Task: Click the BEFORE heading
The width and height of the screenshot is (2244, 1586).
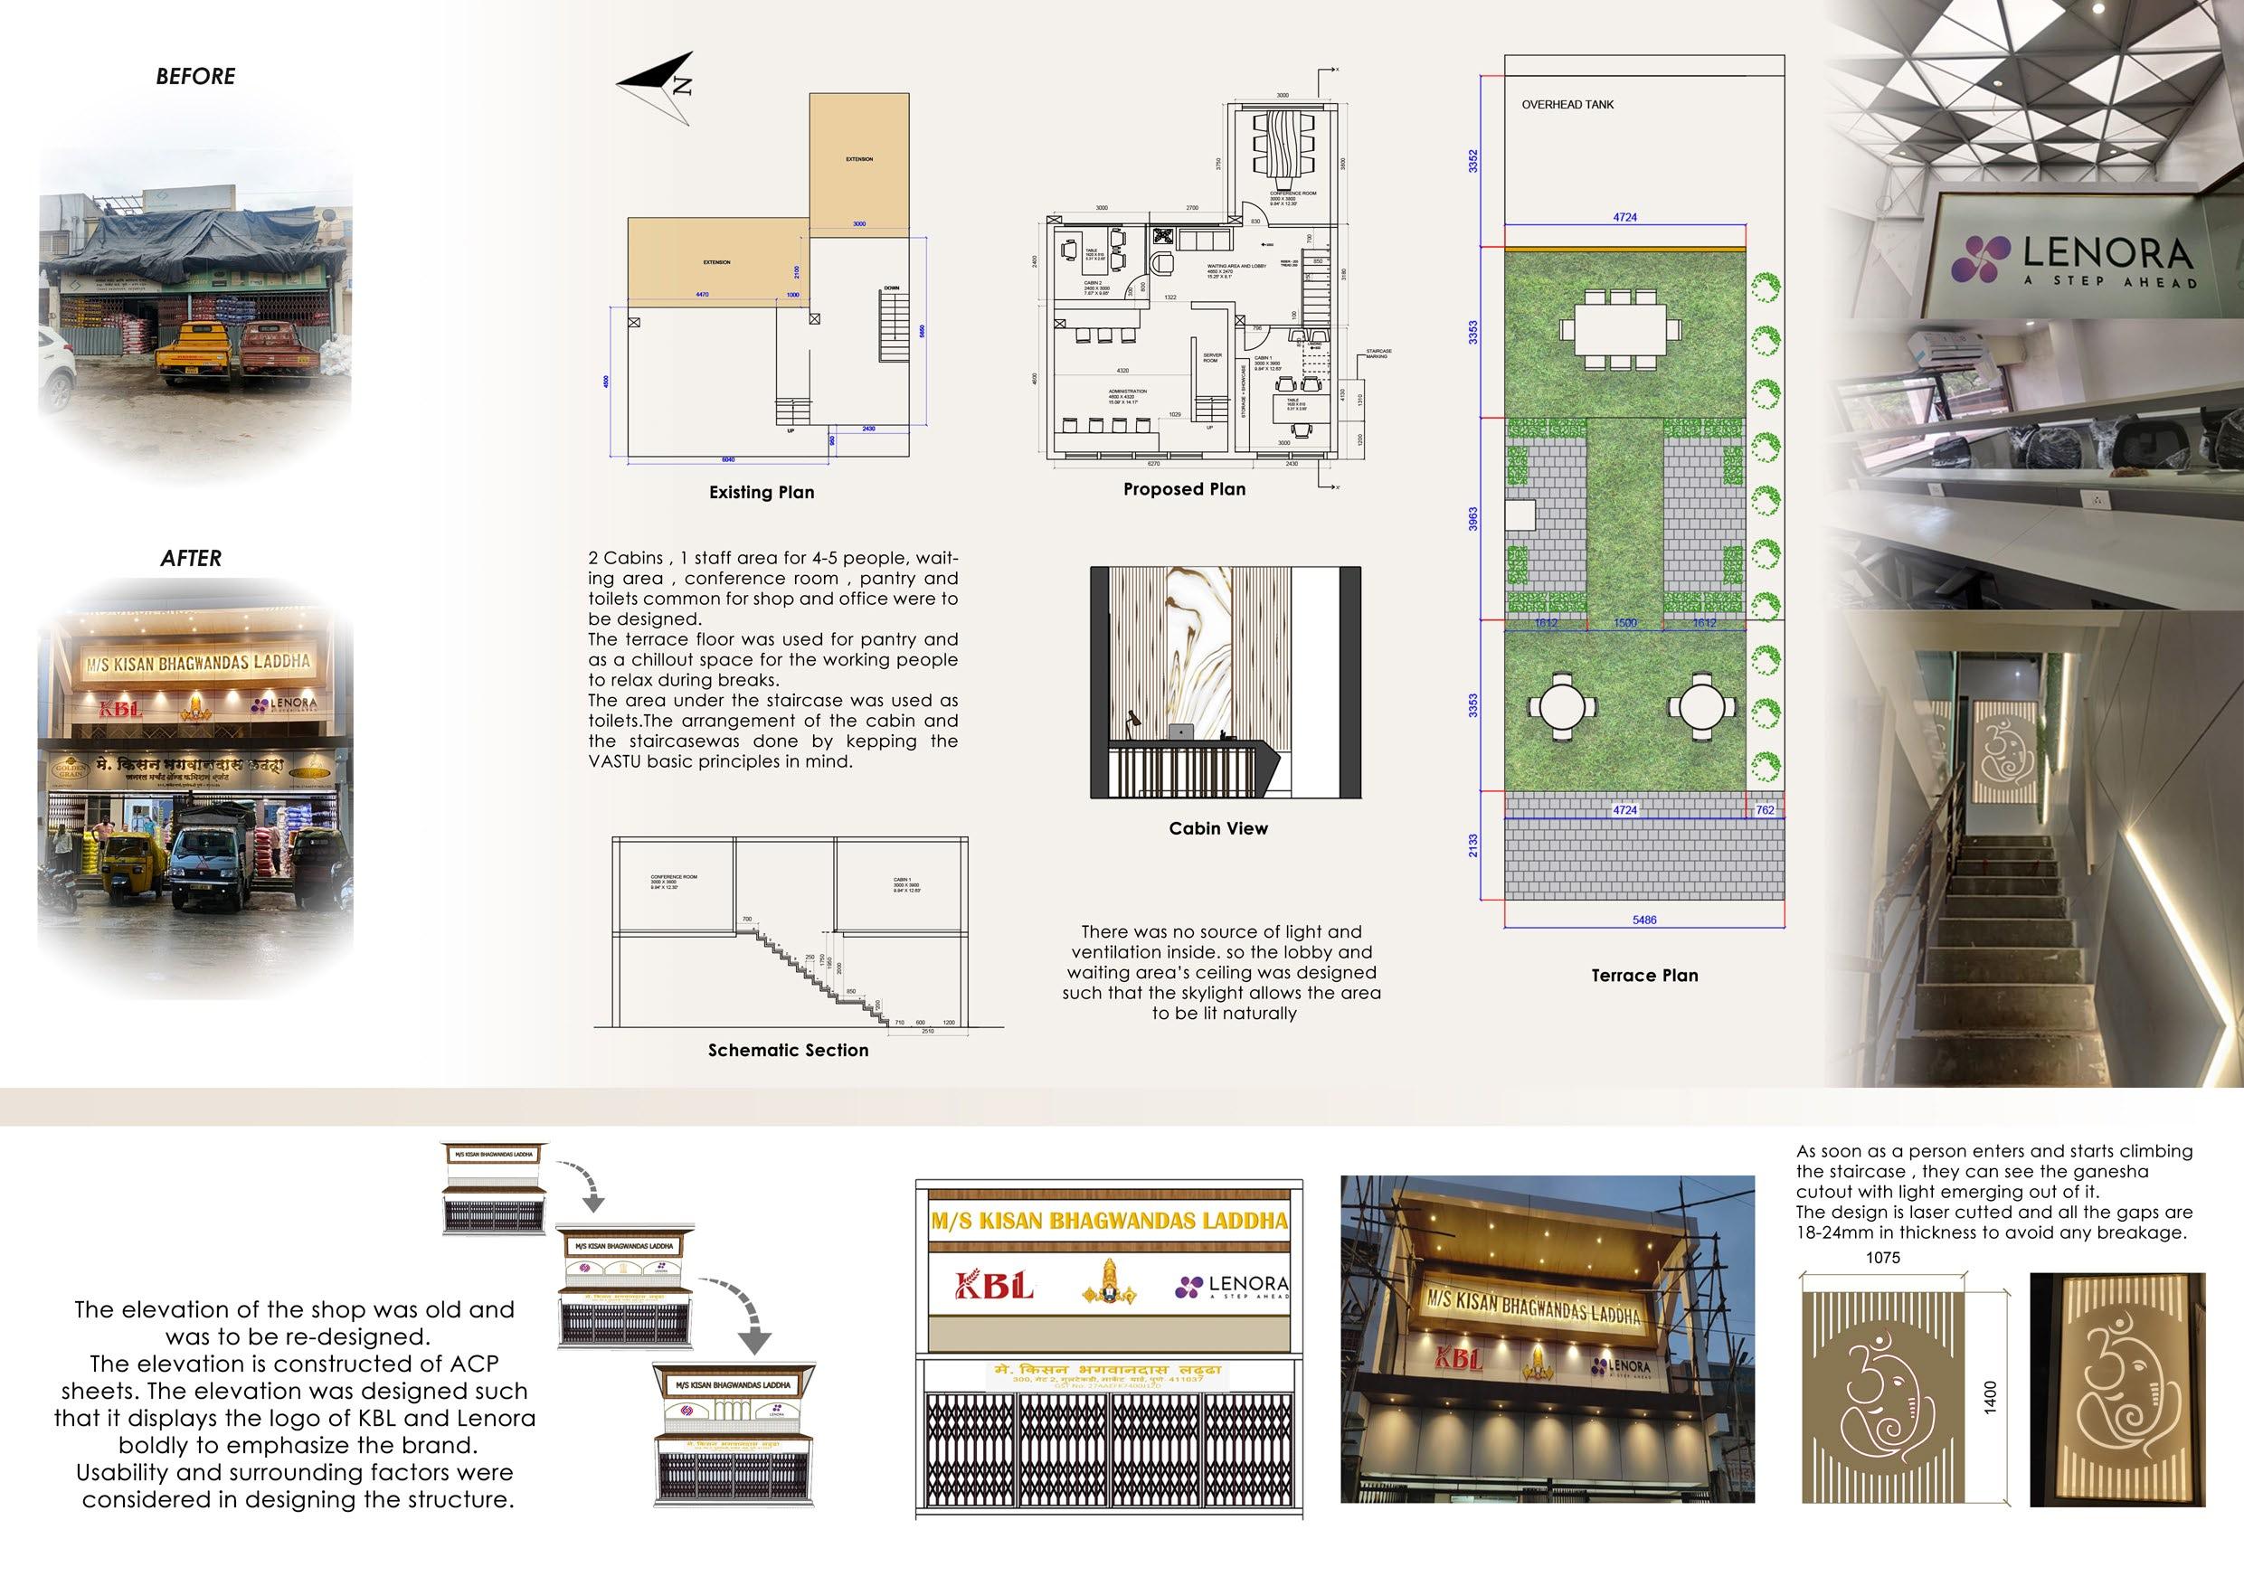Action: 195,76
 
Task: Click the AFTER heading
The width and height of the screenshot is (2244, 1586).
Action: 191,558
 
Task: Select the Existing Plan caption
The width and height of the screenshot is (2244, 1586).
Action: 762,493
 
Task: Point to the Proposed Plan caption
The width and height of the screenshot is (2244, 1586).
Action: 1184,489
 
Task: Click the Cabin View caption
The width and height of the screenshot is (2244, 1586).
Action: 1217,828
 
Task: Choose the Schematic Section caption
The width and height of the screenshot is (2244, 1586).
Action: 788,1051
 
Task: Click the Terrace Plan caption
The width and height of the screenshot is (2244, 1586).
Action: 1644,976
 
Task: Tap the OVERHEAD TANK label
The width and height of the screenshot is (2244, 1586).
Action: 1567,105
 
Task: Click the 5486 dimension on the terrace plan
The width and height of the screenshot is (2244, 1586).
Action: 1644,920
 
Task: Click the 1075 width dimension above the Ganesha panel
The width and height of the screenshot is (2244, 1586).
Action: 1882,1258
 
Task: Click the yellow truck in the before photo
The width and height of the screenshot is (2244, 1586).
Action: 194,352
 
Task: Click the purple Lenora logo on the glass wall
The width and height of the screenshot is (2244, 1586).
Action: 1981,259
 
